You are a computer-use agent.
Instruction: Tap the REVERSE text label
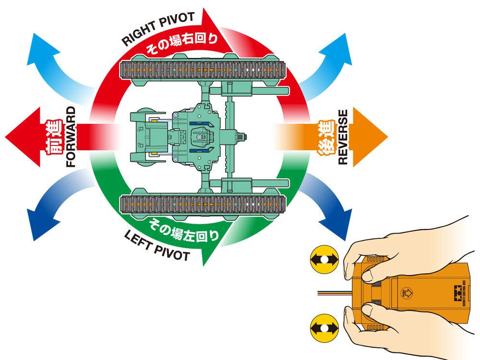point(343,137)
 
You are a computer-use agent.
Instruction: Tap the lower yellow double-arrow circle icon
point(324,329)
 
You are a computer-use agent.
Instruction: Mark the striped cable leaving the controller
point(331,293)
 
